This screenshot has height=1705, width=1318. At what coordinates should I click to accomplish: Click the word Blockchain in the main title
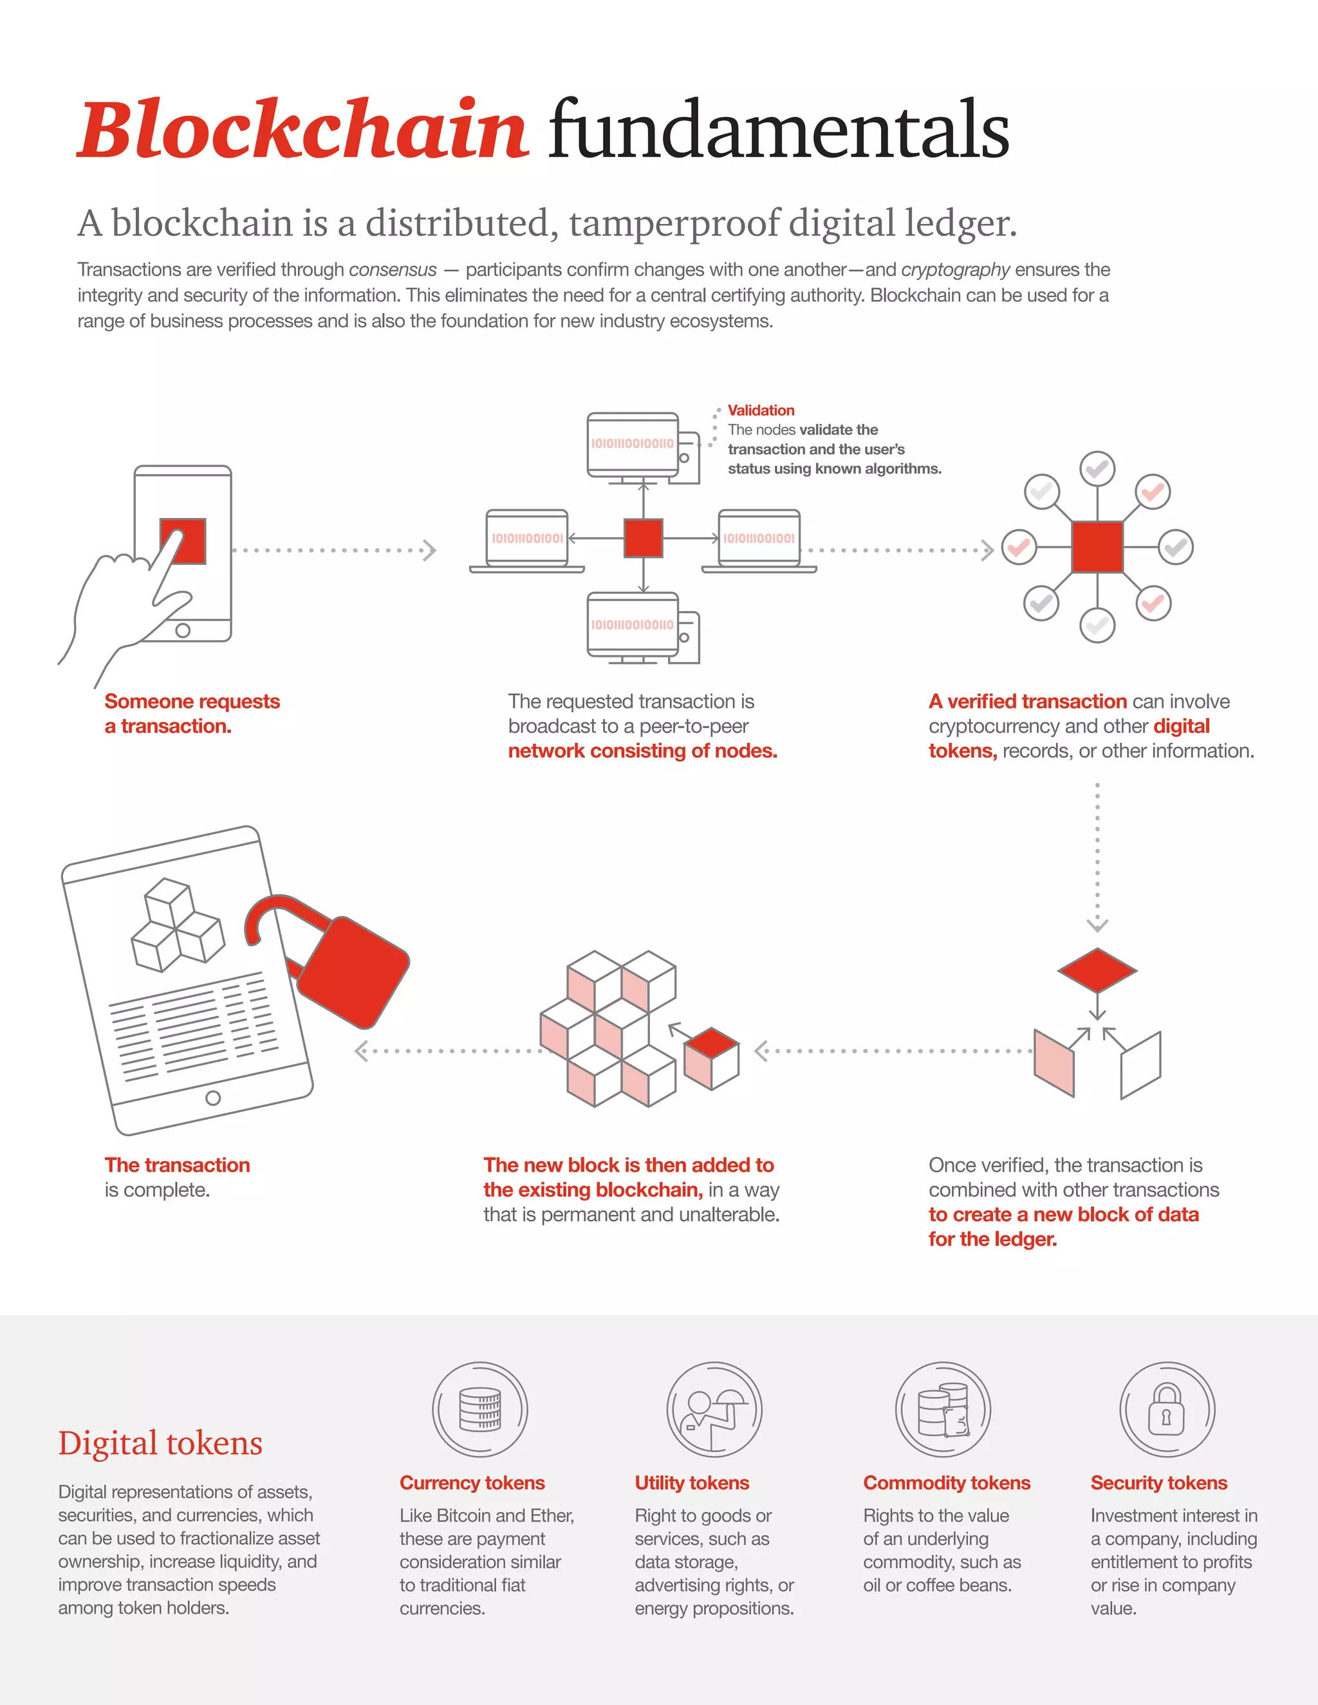tap(303, 129)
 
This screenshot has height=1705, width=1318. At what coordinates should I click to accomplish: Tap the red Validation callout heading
tap(761, 410)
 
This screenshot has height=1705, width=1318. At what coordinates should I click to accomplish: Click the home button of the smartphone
tap(183, 630)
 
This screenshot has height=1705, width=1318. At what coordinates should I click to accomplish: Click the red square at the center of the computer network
tap(644, 539)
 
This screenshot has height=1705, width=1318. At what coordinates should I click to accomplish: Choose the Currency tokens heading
tap(472, 1482)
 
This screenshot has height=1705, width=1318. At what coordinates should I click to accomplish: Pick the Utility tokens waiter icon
tap(714, 1410)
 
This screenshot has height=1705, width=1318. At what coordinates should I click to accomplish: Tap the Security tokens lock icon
tap(1167, 1410)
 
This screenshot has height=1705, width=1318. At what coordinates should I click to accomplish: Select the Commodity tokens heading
tap(946, 1482)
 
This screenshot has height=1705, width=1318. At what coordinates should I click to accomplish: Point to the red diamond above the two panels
tap(1097, 970)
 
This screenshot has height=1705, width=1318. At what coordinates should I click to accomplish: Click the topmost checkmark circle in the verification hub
tap(1097, 469)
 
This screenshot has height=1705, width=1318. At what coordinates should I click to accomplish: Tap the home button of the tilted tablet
tap(212, 1098)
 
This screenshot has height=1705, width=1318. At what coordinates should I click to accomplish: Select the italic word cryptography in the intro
tap(955, 270)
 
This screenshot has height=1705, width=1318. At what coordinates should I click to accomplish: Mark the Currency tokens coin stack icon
tap(479, 1410)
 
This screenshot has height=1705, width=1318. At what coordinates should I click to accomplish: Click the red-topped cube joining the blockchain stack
tap(711, 1058)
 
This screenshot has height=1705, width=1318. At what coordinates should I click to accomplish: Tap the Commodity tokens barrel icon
tap(942, 1410)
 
